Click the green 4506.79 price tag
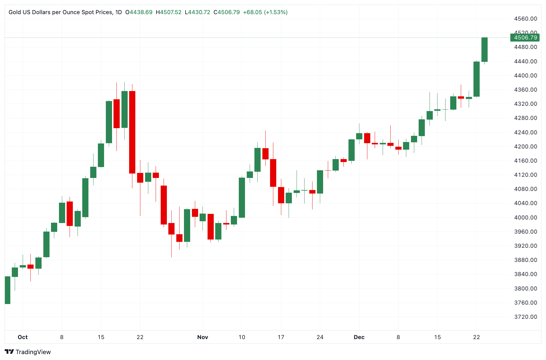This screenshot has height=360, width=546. click(x=525, y=38)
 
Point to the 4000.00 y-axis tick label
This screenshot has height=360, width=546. click(x=525, y=217)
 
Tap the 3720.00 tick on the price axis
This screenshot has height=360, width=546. click(x=525, y=317)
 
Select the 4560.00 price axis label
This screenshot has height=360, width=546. click(x=525, y=19)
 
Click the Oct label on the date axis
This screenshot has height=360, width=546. click(x=23, y=337)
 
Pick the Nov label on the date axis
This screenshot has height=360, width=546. click(x=203, y=337)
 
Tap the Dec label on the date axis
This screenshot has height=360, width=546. click(x=359, y=337)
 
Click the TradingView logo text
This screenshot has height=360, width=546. click(x=33, y=352)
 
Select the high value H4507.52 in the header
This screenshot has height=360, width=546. click(x=169, y=12)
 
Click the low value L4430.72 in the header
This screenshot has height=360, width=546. click(x=197, y=12)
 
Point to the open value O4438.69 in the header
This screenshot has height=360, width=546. click(x=139, y=12)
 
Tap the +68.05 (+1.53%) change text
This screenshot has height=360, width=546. click(x=265, y=12)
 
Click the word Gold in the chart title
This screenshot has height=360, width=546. click(x=14, y=12)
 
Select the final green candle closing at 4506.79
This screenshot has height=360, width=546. click(x=484, y=49)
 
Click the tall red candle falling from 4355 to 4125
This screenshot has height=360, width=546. click(x=132, y=132)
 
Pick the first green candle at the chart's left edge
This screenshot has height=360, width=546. click(x=8, y=290)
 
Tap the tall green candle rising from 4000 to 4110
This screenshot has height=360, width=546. click(x=242, y=197)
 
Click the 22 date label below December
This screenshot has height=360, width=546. click(x=476, y=337)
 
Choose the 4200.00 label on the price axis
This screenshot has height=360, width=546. click(x=525, y=146)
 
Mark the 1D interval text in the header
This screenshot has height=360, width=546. click(x=119, y=12)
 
